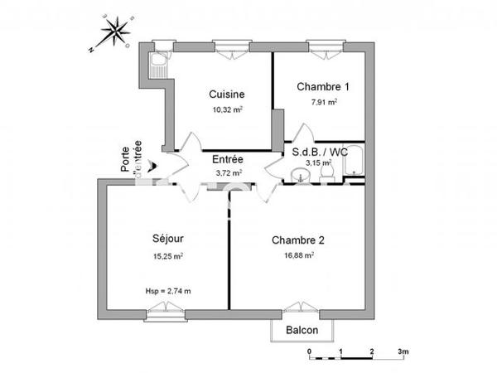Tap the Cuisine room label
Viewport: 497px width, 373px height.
[x=226, y=94]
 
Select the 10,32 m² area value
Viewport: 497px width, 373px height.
[x=225, y=108]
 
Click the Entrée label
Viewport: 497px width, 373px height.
[x=228, y=159]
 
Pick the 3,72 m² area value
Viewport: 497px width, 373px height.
[x=228, y=172]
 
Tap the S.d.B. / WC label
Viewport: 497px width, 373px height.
[x=318, y=153]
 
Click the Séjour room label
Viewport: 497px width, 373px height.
[x=162, y=238]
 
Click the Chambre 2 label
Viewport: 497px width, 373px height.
[x=297, y=240]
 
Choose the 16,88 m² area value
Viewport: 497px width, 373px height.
[x=297, y=255]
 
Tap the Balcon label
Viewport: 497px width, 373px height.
[x=303, y=331]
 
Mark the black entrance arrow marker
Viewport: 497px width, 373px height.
[x=151, y=165]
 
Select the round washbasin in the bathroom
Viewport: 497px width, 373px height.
[x=300, y=174]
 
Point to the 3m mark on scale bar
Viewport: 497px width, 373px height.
[x=403, y=352]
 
